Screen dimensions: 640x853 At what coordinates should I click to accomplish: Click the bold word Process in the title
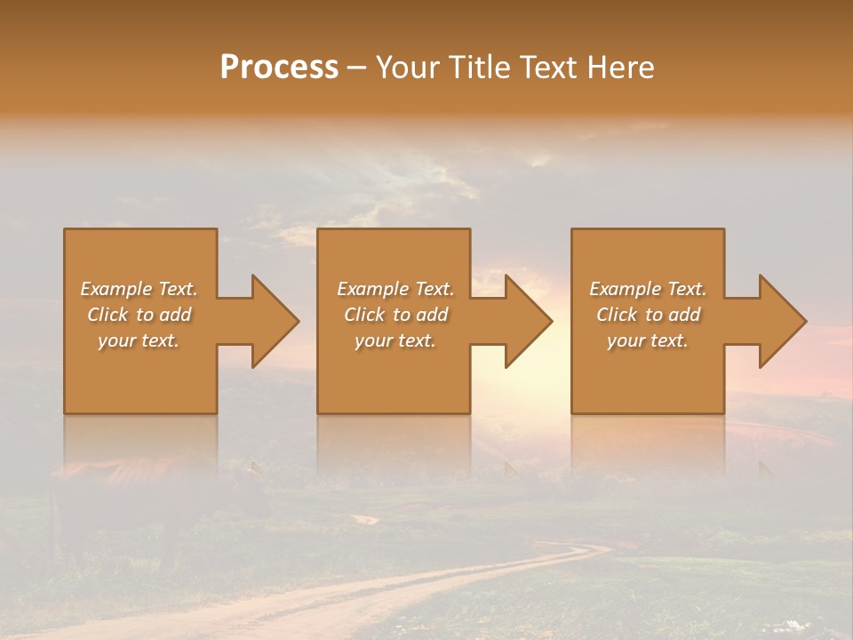(x=279, y=68)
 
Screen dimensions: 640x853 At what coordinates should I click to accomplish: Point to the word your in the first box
(x=116, y=340)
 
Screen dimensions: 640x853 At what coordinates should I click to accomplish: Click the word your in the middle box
(x=372, y=340)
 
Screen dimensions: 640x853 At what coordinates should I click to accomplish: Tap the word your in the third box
(x=625, y=340)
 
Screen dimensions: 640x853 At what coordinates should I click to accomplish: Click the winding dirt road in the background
(x=498, y=578)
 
